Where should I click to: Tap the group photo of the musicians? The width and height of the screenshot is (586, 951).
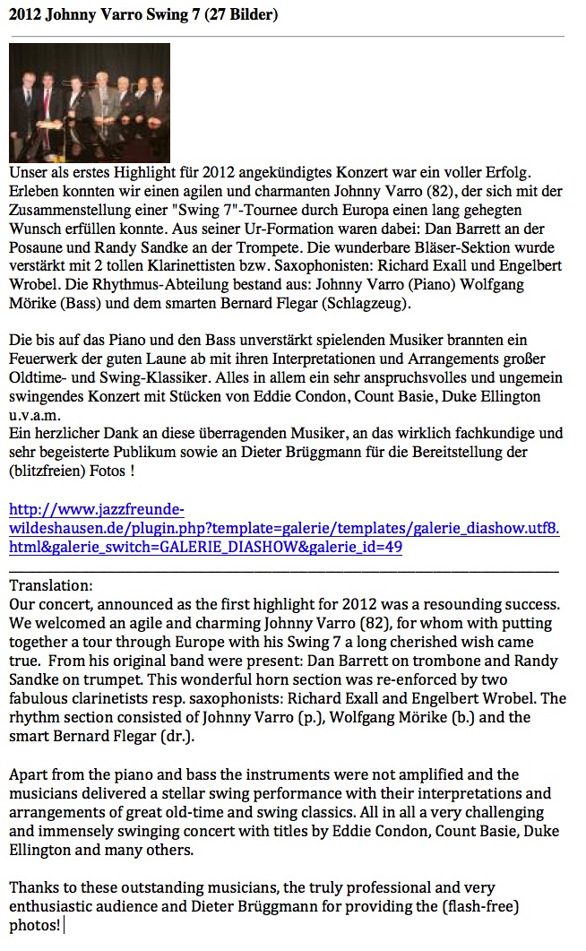[89, 102]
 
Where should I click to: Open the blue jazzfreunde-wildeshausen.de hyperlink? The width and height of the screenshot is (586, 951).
[284, 529]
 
